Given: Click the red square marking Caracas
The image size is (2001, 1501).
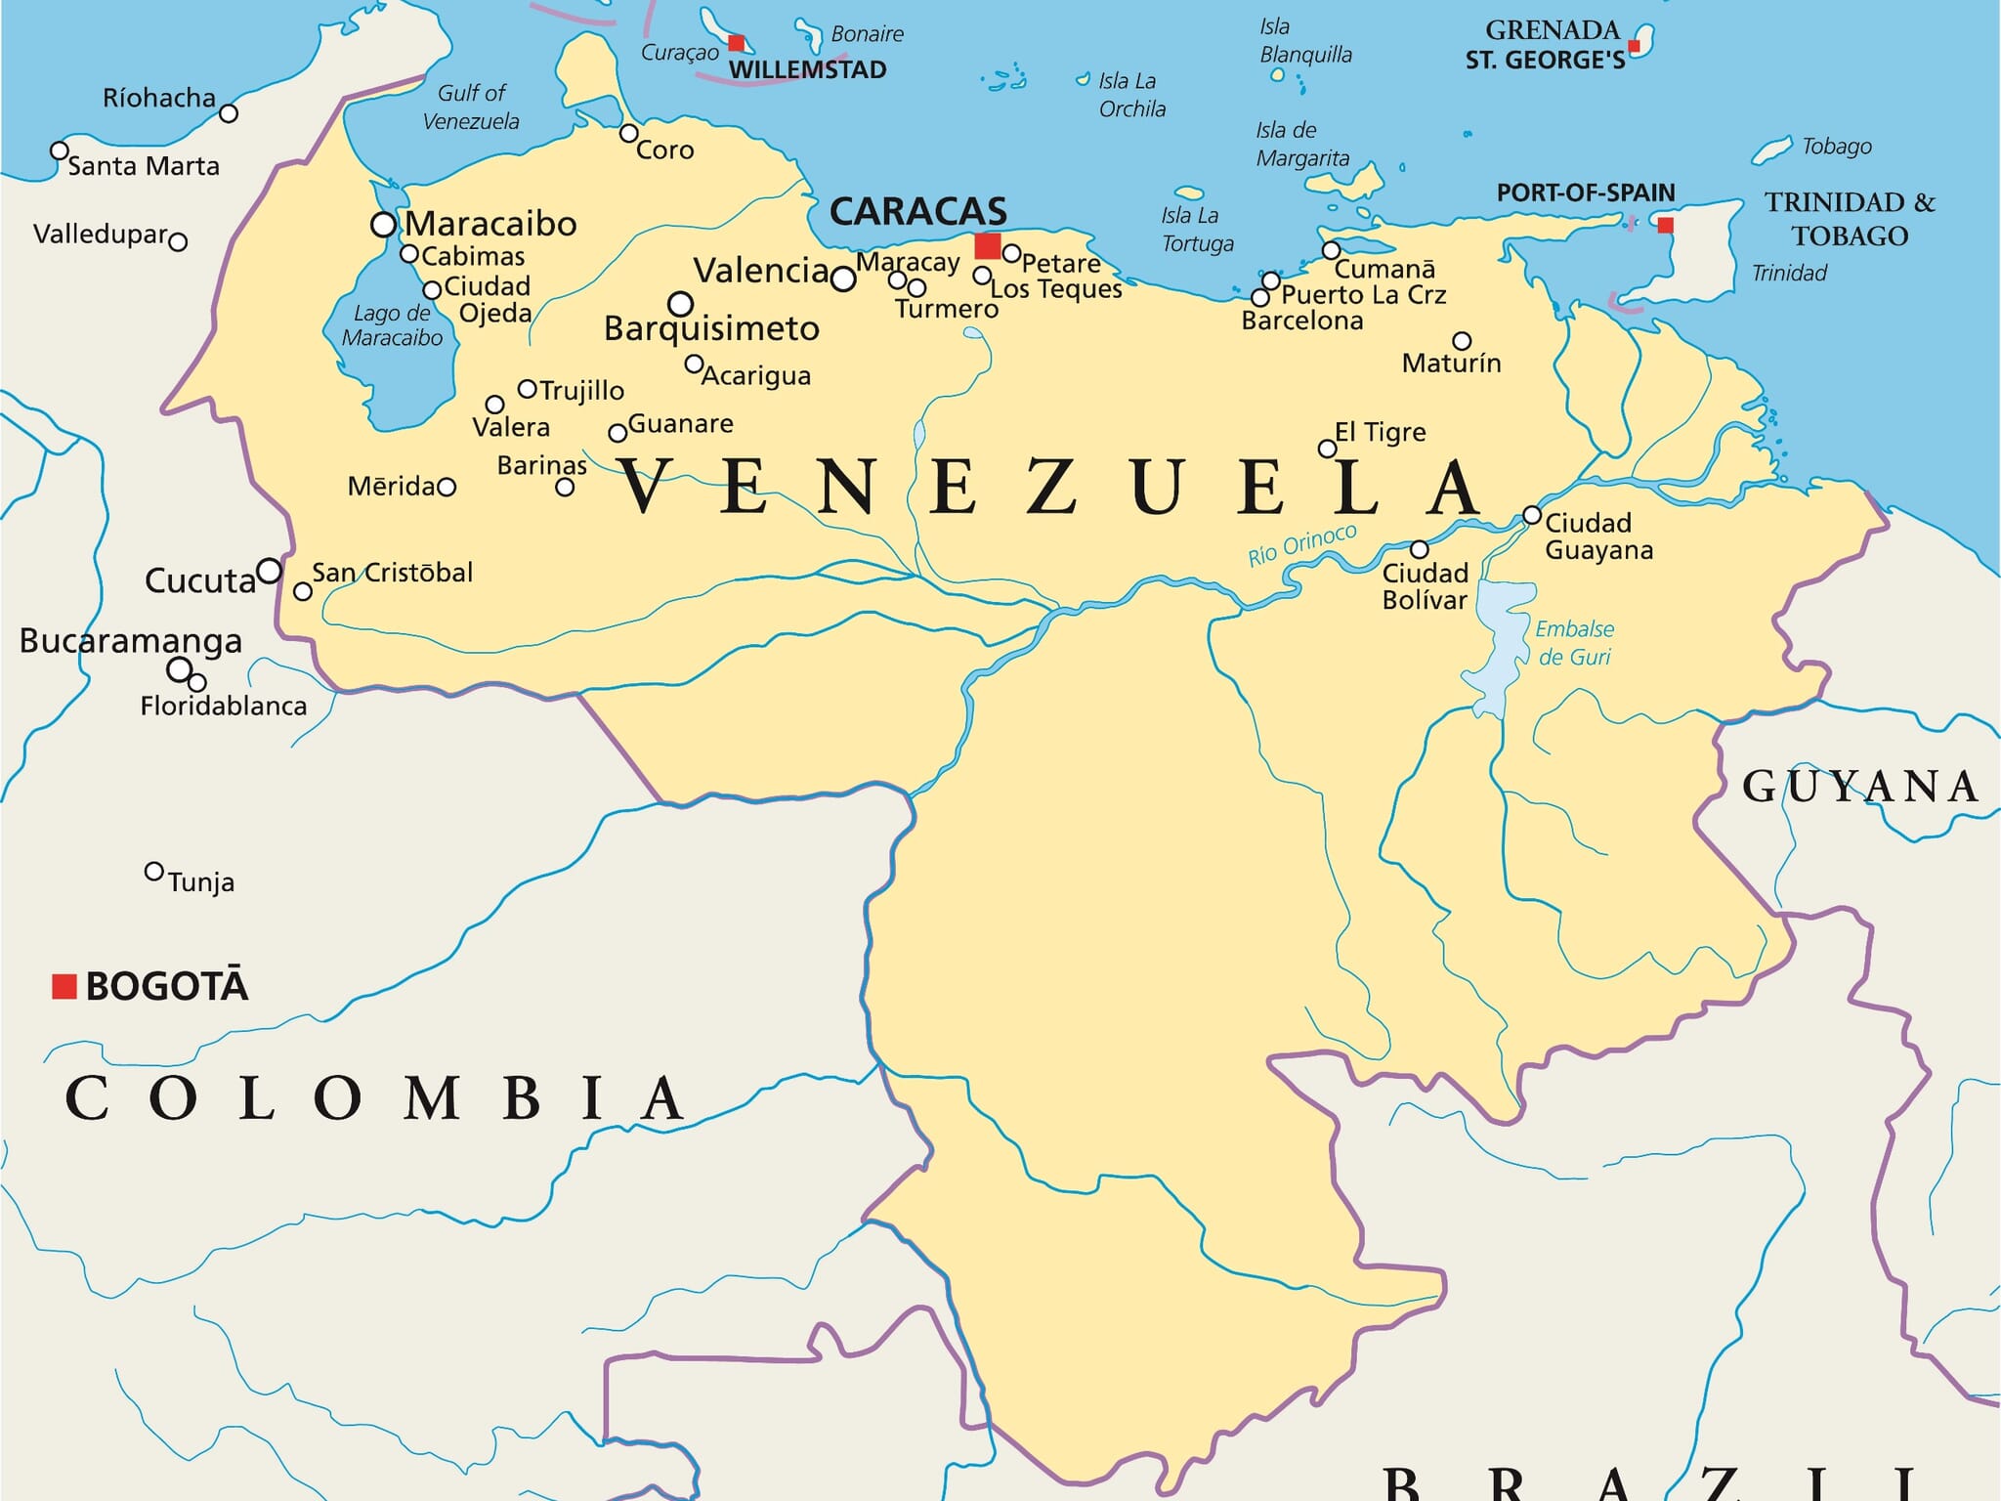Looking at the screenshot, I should click(x=988, y=246).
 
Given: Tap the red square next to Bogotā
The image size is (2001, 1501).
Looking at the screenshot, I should click(x=64, y=986).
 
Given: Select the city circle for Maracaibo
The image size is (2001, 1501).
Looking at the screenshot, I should click(x=383, y=225).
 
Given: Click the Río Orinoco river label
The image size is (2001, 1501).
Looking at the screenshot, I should click(x=1301, y=545).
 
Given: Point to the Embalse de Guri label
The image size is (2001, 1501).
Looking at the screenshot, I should click(x=1574, y=643).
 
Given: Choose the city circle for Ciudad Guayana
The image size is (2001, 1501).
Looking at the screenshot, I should click(x=1532, y=515).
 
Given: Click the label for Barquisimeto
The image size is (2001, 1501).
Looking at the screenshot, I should click(x=711, y=328).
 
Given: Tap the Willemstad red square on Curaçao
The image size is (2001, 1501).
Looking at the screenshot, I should click(x=737, y=43).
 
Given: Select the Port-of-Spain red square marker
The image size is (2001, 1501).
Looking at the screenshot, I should click(x=1666, y=226).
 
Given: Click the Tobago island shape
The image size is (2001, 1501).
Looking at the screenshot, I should click(x=1771, y=150).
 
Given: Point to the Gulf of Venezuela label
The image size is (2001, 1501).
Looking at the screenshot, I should click(x=471, y=107).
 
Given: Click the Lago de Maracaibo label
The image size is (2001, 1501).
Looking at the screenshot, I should click(x=392, y=325).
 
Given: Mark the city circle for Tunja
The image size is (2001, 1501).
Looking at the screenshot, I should click(x=153, y=871).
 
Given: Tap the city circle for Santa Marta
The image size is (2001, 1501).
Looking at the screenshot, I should click(x=60, y=150).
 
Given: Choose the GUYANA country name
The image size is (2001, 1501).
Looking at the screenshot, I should click(x=1860, y=787).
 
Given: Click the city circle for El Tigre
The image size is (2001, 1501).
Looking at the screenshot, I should click(x=1327, y=449).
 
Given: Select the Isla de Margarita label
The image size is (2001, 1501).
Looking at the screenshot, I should click(x=1301, y=144).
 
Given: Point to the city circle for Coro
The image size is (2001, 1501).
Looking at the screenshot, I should click(x=629, y=133).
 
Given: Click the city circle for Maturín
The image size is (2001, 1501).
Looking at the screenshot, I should click(x=1462, y=341).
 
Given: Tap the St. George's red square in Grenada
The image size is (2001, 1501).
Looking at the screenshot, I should click(x=1634, y=47).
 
